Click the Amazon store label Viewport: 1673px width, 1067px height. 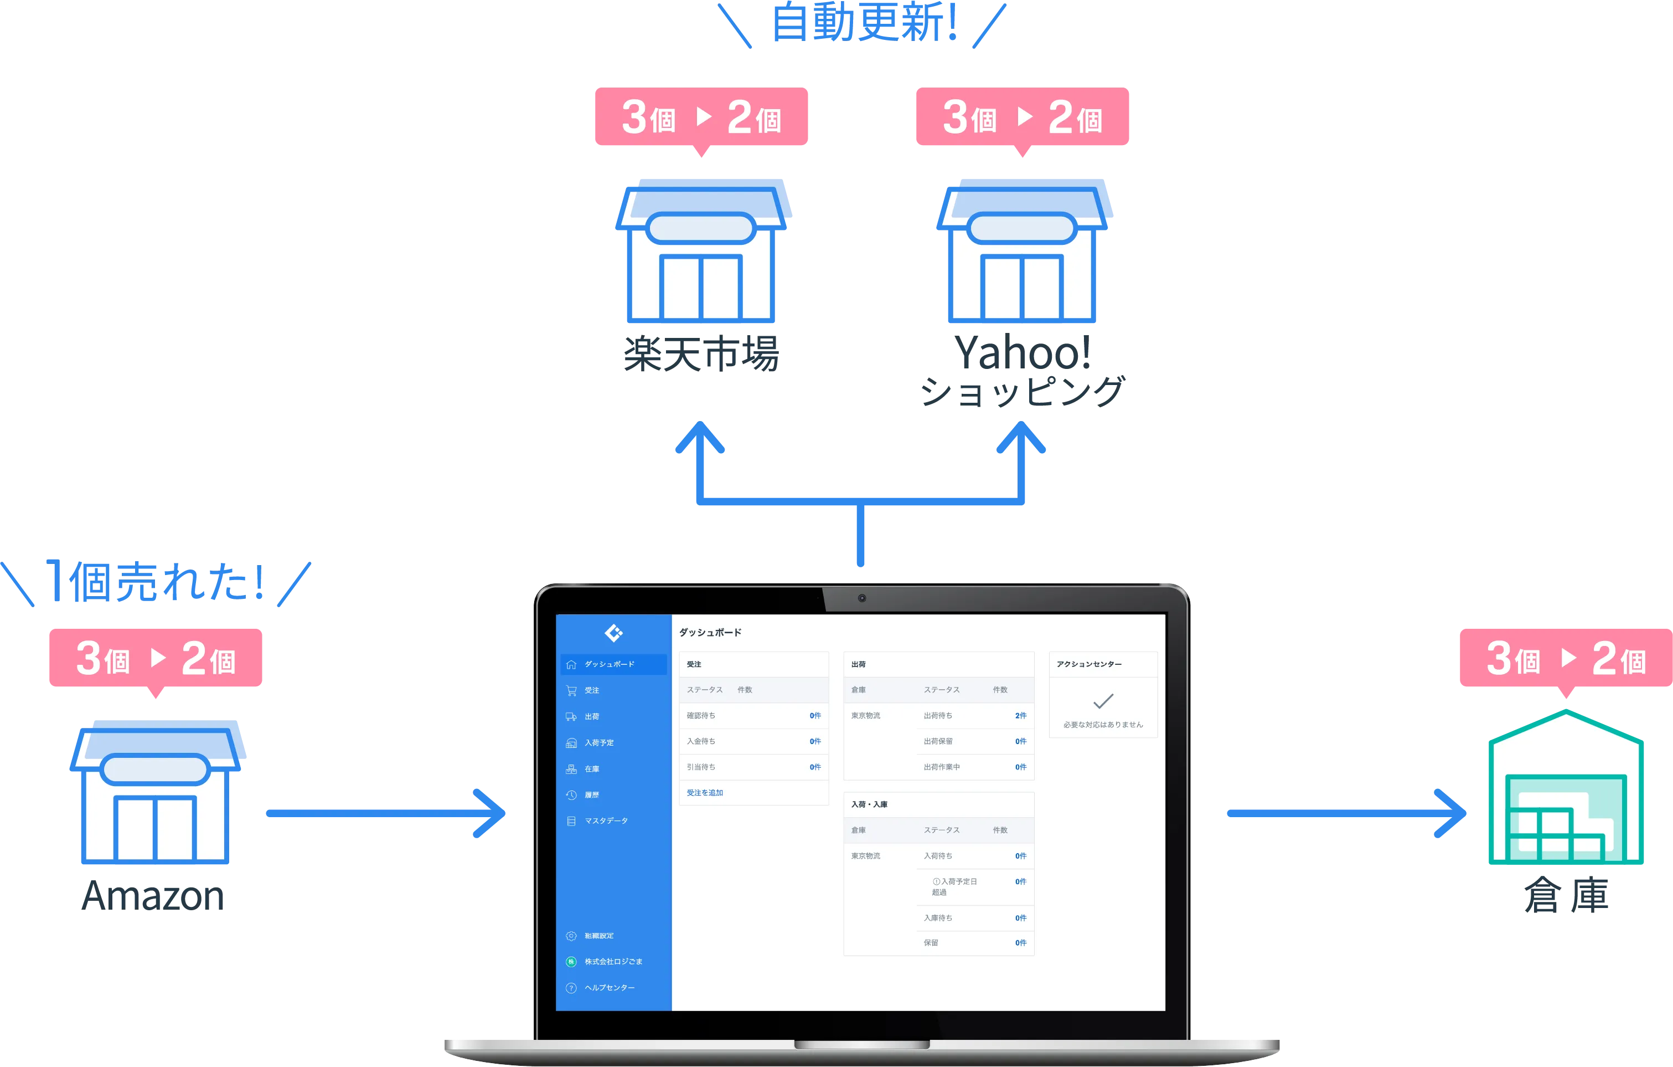coord(153,897)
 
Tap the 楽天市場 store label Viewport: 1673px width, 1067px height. coord(702,353)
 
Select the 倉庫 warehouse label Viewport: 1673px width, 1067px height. coord(1566,895)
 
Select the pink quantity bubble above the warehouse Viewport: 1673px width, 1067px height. coord(1564,657)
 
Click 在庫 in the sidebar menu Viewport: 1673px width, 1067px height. coord(592,769)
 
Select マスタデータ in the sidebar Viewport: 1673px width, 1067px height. coord(606,821)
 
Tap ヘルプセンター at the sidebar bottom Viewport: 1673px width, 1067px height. coord(610,988)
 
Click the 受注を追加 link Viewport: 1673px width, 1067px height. coord(705,792)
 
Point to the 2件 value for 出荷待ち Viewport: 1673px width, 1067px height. coord(1020,715)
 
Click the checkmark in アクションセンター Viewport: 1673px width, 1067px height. coord(1103,701)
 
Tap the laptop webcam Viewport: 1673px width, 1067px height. coord(861,598)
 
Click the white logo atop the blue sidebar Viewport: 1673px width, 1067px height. coord(613,633)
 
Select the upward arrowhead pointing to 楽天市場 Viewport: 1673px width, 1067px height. coord(700,438)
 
